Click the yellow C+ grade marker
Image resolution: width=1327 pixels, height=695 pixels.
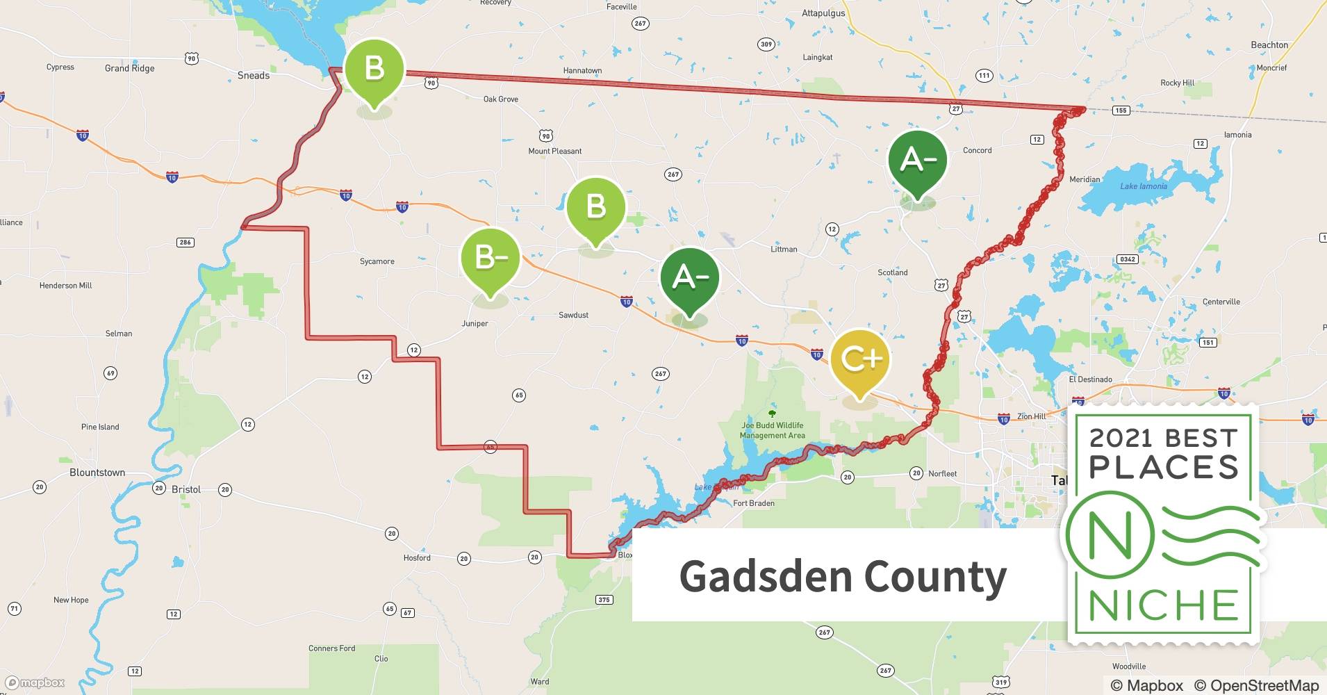(x=859, y=359)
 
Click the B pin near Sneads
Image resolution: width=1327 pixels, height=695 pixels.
(x=374, y=69)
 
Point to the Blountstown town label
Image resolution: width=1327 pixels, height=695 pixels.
(x=97, y=473)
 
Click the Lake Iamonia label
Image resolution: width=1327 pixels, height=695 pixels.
(x=1143, y=186)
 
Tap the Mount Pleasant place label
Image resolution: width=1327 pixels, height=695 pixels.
(x=554, y=151)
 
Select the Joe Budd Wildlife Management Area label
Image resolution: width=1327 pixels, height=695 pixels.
(x=772, y=430)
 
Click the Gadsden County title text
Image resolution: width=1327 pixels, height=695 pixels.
(x=842, y=576)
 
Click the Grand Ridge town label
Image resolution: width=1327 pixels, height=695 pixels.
(x=129, y=68)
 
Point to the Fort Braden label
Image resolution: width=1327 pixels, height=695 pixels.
(x=753, y=503)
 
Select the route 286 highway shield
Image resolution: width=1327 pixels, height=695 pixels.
(x=185, y=243)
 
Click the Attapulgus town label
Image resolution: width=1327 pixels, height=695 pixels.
(x=823, y=13)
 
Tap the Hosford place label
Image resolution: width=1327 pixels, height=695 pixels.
(x=417, y=557)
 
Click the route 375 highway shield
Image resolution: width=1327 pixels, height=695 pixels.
(x=604, y=600)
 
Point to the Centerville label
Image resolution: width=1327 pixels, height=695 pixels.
(x=1221, y=302)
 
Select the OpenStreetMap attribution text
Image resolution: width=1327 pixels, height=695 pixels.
(x=1256, y=685)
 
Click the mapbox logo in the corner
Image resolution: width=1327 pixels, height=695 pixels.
(x=35, y=682)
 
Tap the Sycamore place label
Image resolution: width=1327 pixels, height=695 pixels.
(x=377, y=261)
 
